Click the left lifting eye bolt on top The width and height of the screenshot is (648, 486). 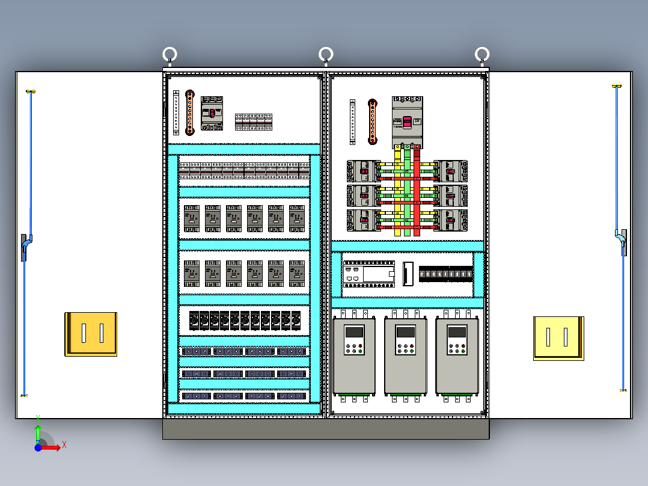(x=170, y=55)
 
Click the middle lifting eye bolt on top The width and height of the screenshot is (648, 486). (x=326, y=55)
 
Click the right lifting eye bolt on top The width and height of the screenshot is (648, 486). (x=481, y=55)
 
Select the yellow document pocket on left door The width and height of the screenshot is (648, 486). (x=91, y=334)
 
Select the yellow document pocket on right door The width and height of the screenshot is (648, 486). (x=558, y=338)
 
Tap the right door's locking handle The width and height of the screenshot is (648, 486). (x=623, y=242)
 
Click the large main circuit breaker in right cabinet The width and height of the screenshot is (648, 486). (x=407, y=122)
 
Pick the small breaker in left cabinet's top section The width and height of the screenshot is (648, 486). (x=212, y=112)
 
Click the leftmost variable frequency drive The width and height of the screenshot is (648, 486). (x=354, y=356)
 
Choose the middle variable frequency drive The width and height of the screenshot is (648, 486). (x=406, y=356)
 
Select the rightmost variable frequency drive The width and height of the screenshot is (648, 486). (x=457, y=356)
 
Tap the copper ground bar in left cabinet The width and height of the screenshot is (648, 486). (x=190, y=112)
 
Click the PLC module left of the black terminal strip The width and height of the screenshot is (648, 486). (x=368, y=274)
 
